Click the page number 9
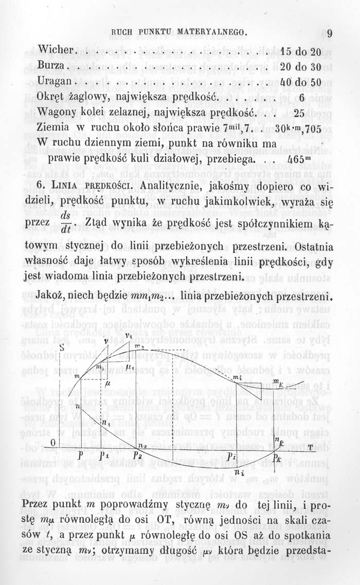click(x=329, y=35)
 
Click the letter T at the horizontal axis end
click(x=311, y=447)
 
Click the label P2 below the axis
click(x=137, y=455)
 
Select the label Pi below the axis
click(x=231, y=456)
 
